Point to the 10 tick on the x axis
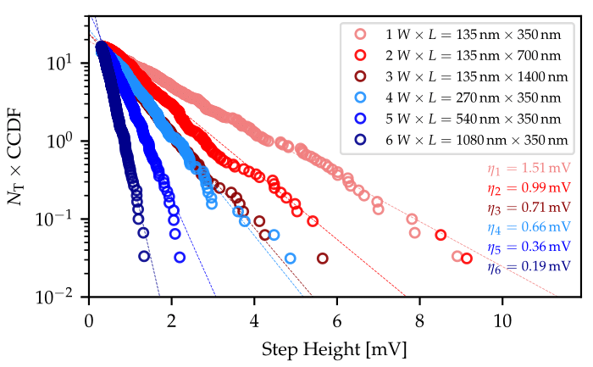(x=502, y=310)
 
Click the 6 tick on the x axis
(x=337, y=310)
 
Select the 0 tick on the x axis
(x=89, y=310)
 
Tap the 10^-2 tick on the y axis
(x=64, y=297)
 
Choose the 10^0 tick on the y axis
(x=68, y=142)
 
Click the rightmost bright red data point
(x=467, y=259)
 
